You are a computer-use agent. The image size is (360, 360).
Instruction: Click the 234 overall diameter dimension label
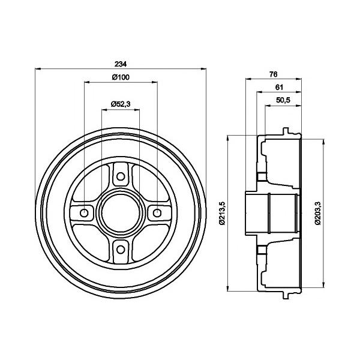click(x=121, y=64)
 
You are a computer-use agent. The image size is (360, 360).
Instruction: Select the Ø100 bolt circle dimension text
click(x=121, y=77)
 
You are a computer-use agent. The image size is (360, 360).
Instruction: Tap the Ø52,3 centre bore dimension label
click(x=121, y=104)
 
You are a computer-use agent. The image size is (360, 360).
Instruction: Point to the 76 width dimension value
click(x=273, y=74)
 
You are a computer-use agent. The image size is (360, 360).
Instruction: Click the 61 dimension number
click(x=279, y=87)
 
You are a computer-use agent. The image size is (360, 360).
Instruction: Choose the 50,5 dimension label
click(x=283, y=100)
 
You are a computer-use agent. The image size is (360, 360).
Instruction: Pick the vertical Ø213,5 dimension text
click(x=222, y=213)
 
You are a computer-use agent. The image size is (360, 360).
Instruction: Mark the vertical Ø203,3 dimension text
click(x=318, y=213)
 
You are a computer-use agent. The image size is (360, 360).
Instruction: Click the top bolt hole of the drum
click(x=121, y=176)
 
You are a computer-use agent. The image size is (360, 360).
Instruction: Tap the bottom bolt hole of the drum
click(x=121, y=250)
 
